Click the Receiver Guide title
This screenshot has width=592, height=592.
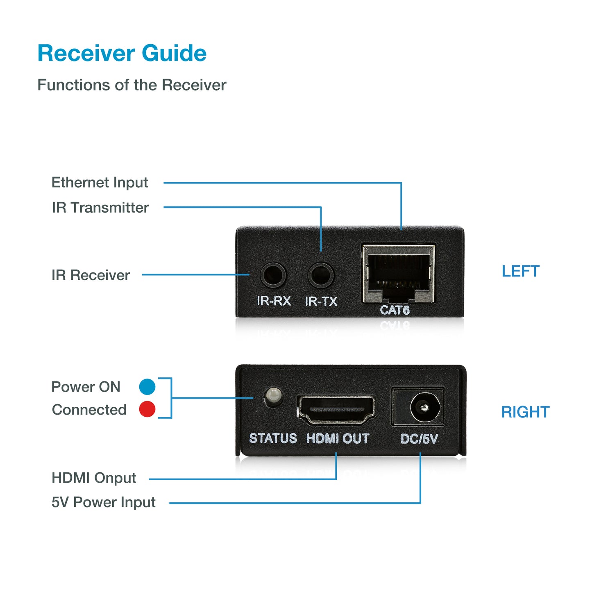[x=122, y=53]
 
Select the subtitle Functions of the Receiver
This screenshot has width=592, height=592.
[x=132, y=85]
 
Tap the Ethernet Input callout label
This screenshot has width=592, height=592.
[x=100, y=182]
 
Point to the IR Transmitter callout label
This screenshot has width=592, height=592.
[x=100, y=207]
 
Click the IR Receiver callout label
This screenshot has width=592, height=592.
[x=91, y=275]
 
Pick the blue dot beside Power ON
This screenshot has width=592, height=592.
[x=147, y=386]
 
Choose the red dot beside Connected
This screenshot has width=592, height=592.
[x=147, y=409]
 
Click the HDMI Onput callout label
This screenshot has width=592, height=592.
[x=94, y=478]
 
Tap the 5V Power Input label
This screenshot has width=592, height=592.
[x=103, y=502]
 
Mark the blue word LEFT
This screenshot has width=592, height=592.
[x=520, y=271]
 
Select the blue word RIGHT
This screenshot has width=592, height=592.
[x=525, y=412]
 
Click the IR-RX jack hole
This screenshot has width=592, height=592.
[x=273, y=275]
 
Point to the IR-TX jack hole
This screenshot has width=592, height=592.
[x=321, y=275]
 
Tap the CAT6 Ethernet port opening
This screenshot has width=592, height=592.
[x=398, y=272]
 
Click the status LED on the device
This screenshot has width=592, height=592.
[x=273, y=396]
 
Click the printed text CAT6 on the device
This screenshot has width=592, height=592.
[x=395, y=310]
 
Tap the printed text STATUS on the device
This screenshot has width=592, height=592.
[x=273, y=438]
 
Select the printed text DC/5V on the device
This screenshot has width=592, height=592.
[x=419, y=439]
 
